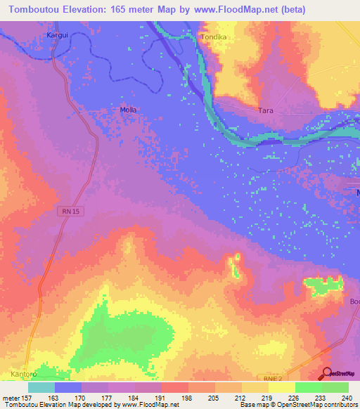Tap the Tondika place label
215,36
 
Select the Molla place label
127,110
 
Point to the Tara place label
266,111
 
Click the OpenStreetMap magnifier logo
327,374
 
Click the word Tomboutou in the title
32,10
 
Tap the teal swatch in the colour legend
41,387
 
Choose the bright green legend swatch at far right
335,387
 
